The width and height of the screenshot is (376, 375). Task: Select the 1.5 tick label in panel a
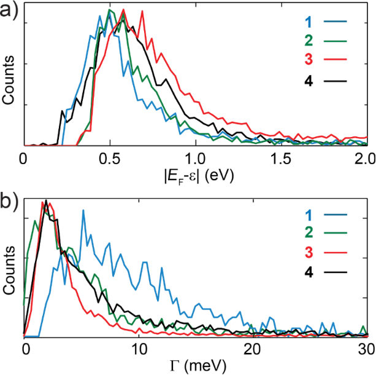point(280,157)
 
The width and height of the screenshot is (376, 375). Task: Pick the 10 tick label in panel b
point(138,349)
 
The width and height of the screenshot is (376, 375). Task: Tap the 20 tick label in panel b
point(252,349)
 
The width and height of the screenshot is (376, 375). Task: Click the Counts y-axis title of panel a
point(9,76)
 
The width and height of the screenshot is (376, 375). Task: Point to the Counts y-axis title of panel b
point(9,268)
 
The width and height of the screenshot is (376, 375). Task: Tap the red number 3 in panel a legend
point(309,61)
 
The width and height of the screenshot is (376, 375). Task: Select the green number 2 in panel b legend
point(309,234)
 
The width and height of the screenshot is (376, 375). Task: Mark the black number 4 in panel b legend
point(309,271)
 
